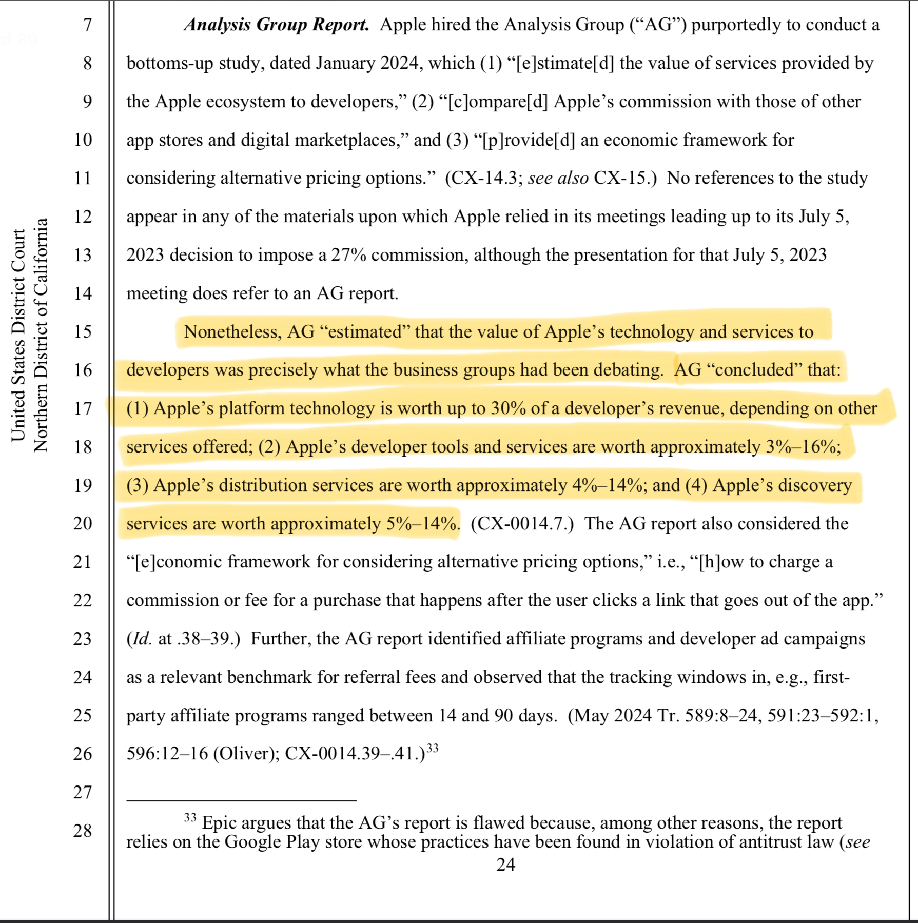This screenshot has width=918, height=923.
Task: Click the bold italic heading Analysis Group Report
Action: tap(277, 25)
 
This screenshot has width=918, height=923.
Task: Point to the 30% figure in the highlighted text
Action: tap(508, 408)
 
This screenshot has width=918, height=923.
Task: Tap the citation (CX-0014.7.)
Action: tap(522, 524)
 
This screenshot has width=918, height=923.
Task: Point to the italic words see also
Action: tap(558, 178)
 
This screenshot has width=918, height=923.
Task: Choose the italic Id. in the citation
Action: tap(142, 639)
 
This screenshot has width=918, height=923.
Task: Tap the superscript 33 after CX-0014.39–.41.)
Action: tap(433, 748)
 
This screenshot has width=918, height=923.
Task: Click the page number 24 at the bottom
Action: tap(505, 865)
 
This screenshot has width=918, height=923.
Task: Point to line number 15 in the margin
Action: tap(83, 331)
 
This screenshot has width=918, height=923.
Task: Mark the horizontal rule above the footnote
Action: tap(241, 800)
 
